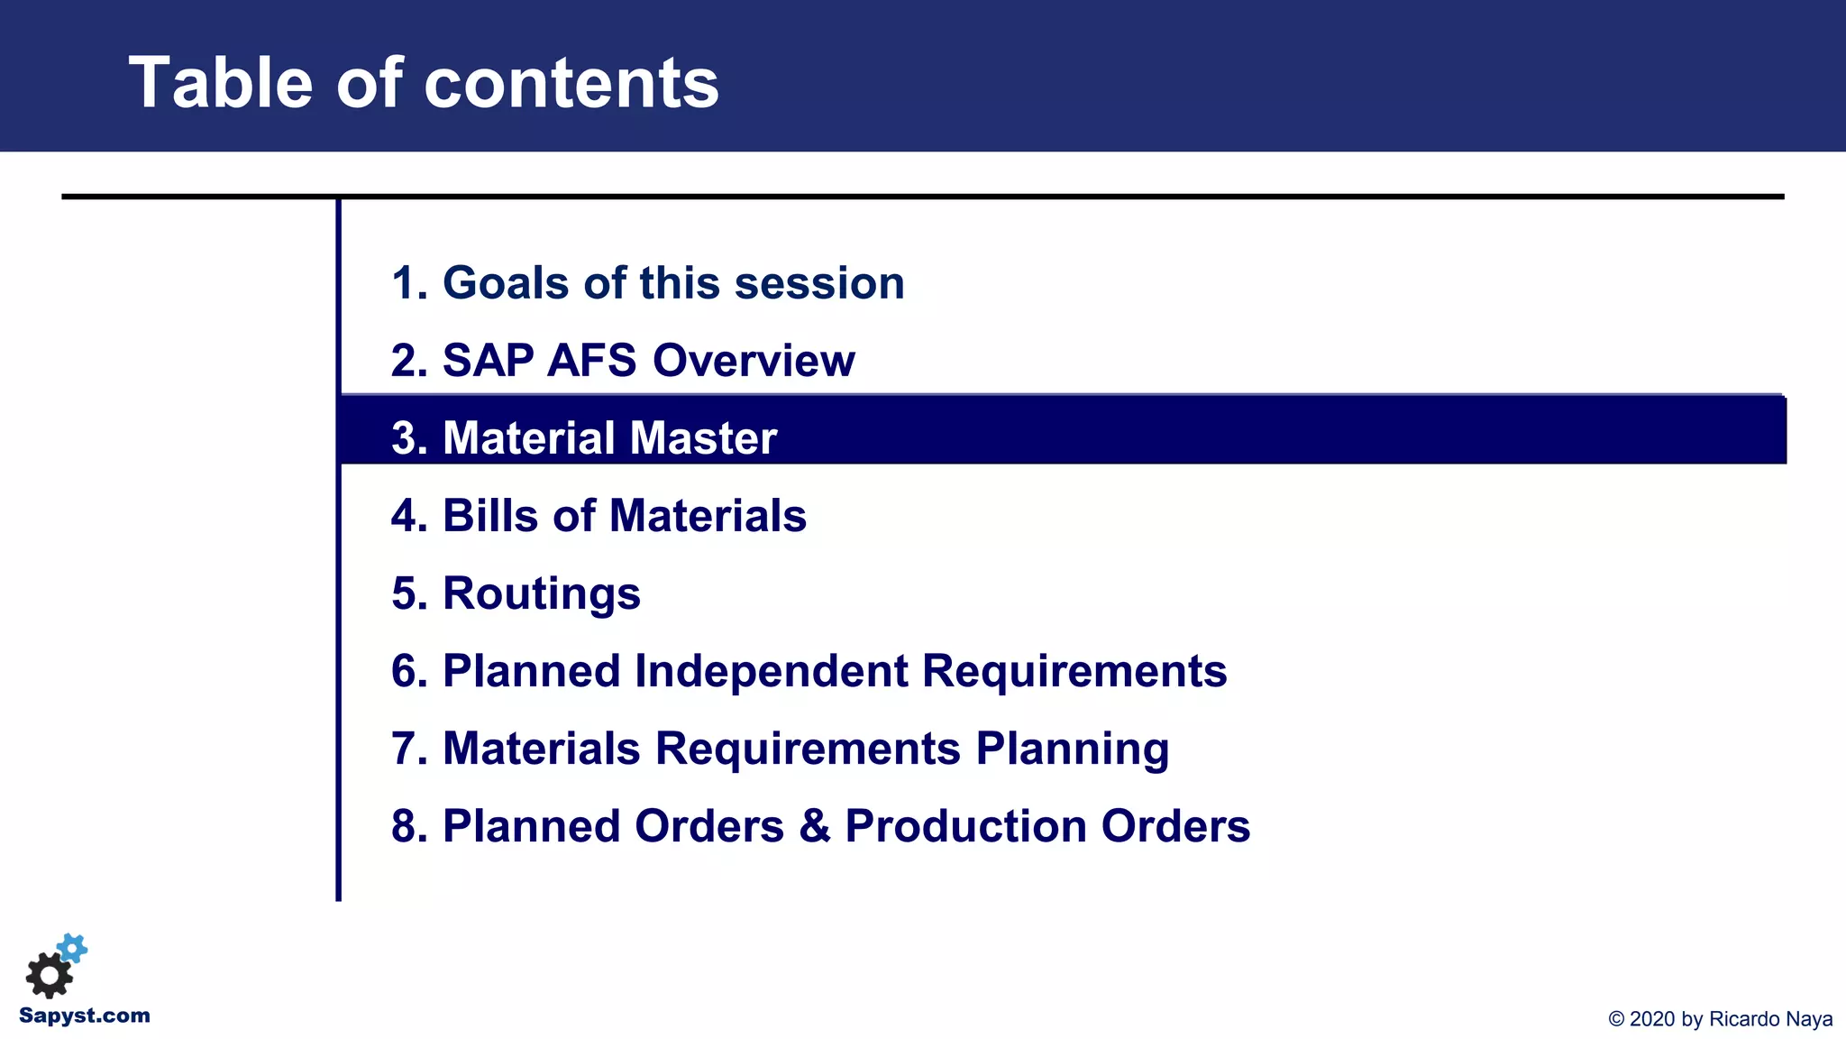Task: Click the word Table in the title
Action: click(x=220, y=83)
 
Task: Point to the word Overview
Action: click(x=754, y=361)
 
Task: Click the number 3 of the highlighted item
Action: click(x=403, y=438)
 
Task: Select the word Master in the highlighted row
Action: click(x=703, y=438)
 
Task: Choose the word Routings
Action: click(x=541, y=594)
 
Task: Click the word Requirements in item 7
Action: click(x=808, y=749)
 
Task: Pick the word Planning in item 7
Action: click(x=1072, y=749)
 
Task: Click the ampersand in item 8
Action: click(x=814, y=827)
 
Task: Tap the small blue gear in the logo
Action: click(x=73, y=948)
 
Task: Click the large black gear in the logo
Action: click(x=49, y=975)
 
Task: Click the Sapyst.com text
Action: click(x=85, y=1016)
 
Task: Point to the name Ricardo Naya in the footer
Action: click(x=1770, y=1019)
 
